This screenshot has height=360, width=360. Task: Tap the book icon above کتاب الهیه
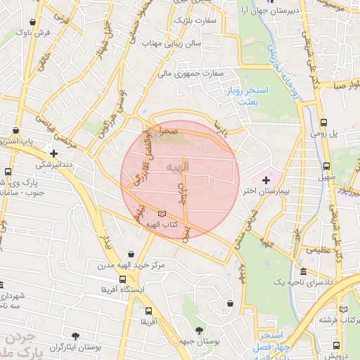(163, 213)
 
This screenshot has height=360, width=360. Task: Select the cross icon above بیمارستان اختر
(265, 181)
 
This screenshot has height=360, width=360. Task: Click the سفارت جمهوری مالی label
(191, 72)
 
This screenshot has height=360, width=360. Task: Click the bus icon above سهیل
(326, 167)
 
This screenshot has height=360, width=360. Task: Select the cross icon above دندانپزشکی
(53, 153)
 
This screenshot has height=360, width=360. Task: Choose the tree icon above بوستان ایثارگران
(75, 336)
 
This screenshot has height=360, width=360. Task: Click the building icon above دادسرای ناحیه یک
(303, 272)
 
